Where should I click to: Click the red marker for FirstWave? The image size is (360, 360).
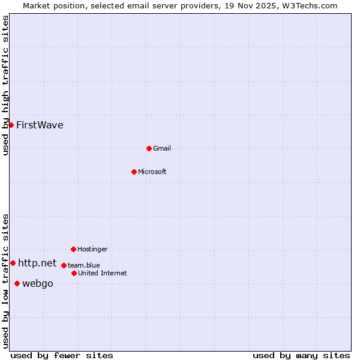pos(11,125)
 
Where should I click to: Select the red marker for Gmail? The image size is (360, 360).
pos(149,148)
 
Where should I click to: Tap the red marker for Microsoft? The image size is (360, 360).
pos(134,172)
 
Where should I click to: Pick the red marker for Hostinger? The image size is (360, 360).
pos(73,249)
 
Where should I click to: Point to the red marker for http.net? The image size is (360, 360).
pos(13,263)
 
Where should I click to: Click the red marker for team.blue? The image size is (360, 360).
pos(64,265)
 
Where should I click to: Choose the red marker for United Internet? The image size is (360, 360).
pos(74,273)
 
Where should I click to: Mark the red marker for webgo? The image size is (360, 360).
pos(17,283)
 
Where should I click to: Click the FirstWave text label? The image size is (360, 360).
pos(40,125)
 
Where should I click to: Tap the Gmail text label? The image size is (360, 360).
pos(162,148)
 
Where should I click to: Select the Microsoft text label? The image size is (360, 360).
pos(152,172)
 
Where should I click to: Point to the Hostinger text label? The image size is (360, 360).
pos(92,249)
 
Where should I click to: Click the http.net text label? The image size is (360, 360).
pos(37,263)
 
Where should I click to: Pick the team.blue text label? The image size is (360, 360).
pos(84,265)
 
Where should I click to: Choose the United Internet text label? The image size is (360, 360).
pos(103,273)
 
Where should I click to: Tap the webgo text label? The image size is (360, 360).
pos(38,284)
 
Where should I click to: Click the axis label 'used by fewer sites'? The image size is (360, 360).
pos(62,355)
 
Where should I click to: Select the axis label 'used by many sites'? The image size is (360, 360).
pos(301,355)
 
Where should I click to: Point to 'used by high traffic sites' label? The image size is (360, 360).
pos(5,86)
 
